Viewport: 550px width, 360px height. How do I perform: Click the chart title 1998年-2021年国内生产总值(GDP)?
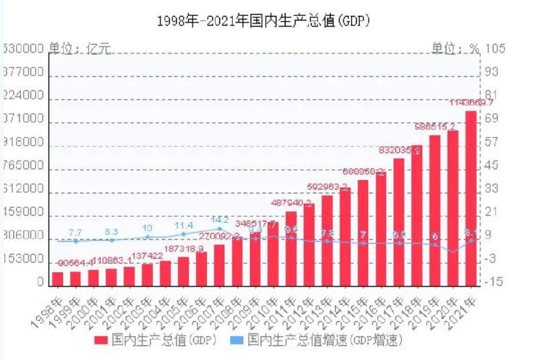point(263,20)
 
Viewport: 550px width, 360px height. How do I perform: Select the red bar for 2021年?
point(471,197)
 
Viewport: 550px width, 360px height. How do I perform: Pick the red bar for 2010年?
point(273,253)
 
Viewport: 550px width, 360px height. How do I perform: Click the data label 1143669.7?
point(471,102)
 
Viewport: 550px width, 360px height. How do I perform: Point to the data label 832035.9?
point(399,150)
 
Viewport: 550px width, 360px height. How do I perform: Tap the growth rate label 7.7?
point(75,233)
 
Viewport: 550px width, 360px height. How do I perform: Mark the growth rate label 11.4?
point(184,225)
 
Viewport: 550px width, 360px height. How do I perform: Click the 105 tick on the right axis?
point(495,49)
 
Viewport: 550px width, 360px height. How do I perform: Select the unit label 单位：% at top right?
point(455,49)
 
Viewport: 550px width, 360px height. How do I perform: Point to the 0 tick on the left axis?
point(40,282)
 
